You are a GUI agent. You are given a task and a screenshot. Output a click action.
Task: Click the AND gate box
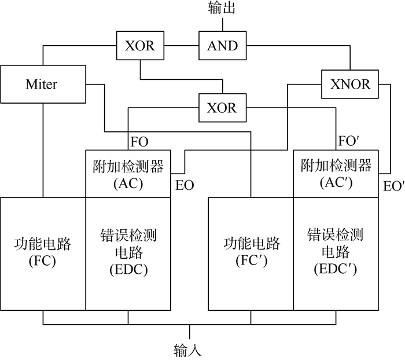[223, 46]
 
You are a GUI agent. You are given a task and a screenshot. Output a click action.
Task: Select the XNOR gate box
[350, 84]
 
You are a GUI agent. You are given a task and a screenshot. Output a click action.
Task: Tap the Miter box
[42, 85]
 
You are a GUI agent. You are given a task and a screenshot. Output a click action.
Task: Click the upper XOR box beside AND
[141, 46]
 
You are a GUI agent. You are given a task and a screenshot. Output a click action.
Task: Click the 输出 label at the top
[222, 9]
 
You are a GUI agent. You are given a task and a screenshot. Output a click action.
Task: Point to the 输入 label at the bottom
[188, 350]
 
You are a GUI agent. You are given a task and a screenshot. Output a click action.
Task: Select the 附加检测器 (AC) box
[128, 173]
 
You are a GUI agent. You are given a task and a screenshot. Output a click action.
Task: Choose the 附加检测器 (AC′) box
[336, 173]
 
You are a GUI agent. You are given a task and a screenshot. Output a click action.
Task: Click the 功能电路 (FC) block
[43, 252]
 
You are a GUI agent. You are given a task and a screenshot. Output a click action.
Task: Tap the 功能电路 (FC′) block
[251, 252]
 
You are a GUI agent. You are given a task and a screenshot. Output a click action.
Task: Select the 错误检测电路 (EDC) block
[128, 252]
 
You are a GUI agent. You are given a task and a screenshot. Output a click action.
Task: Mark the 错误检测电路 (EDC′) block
[336, 252]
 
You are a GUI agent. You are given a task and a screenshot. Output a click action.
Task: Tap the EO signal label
[185, 186]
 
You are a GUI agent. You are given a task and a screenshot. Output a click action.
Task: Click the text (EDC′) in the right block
[335, 269]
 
